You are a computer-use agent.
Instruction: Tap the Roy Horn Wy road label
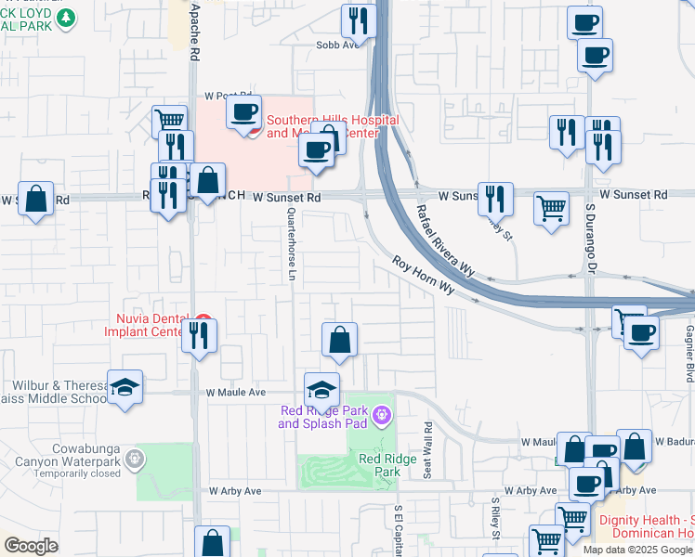point(423,276)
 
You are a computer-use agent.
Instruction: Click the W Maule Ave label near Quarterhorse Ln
point(236,394)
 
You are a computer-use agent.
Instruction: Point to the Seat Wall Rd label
point(428,450)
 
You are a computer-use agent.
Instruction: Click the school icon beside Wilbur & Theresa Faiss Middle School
point(125,386)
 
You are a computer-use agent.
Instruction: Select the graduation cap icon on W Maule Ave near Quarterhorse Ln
point(321,388)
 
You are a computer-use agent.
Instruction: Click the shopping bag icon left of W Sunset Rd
point(35,198)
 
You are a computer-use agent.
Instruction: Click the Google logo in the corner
point(31,546)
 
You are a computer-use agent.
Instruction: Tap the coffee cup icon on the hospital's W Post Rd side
point(244,112)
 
